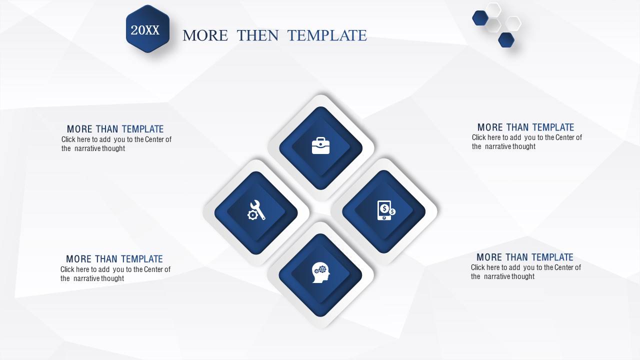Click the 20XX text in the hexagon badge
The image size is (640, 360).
145,30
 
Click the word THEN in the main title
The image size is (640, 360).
257,35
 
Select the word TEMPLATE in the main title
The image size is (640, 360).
327,35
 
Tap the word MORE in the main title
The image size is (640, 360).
205,35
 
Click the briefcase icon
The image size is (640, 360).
320,145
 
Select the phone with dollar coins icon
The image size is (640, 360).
386,210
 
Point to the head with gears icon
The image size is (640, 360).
321,272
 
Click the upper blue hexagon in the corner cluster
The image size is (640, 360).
480,18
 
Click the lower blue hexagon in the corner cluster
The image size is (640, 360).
506,39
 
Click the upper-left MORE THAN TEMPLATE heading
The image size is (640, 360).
115,129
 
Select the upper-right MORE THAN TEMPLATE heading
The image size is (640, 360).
525,127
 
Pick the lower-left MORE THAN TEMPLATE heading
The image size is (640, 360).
114,259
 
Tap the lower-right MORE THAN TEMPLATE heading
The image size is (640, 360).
525,257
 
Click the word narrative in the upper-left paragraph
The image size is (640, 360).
87,148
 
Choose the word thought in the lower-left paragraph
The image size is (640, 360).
113,278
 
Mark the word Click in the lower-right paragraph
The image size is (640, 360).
477,267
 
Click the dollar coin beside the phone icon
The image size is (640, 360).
392,211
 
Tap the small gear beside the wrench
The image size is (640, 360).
252,215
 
